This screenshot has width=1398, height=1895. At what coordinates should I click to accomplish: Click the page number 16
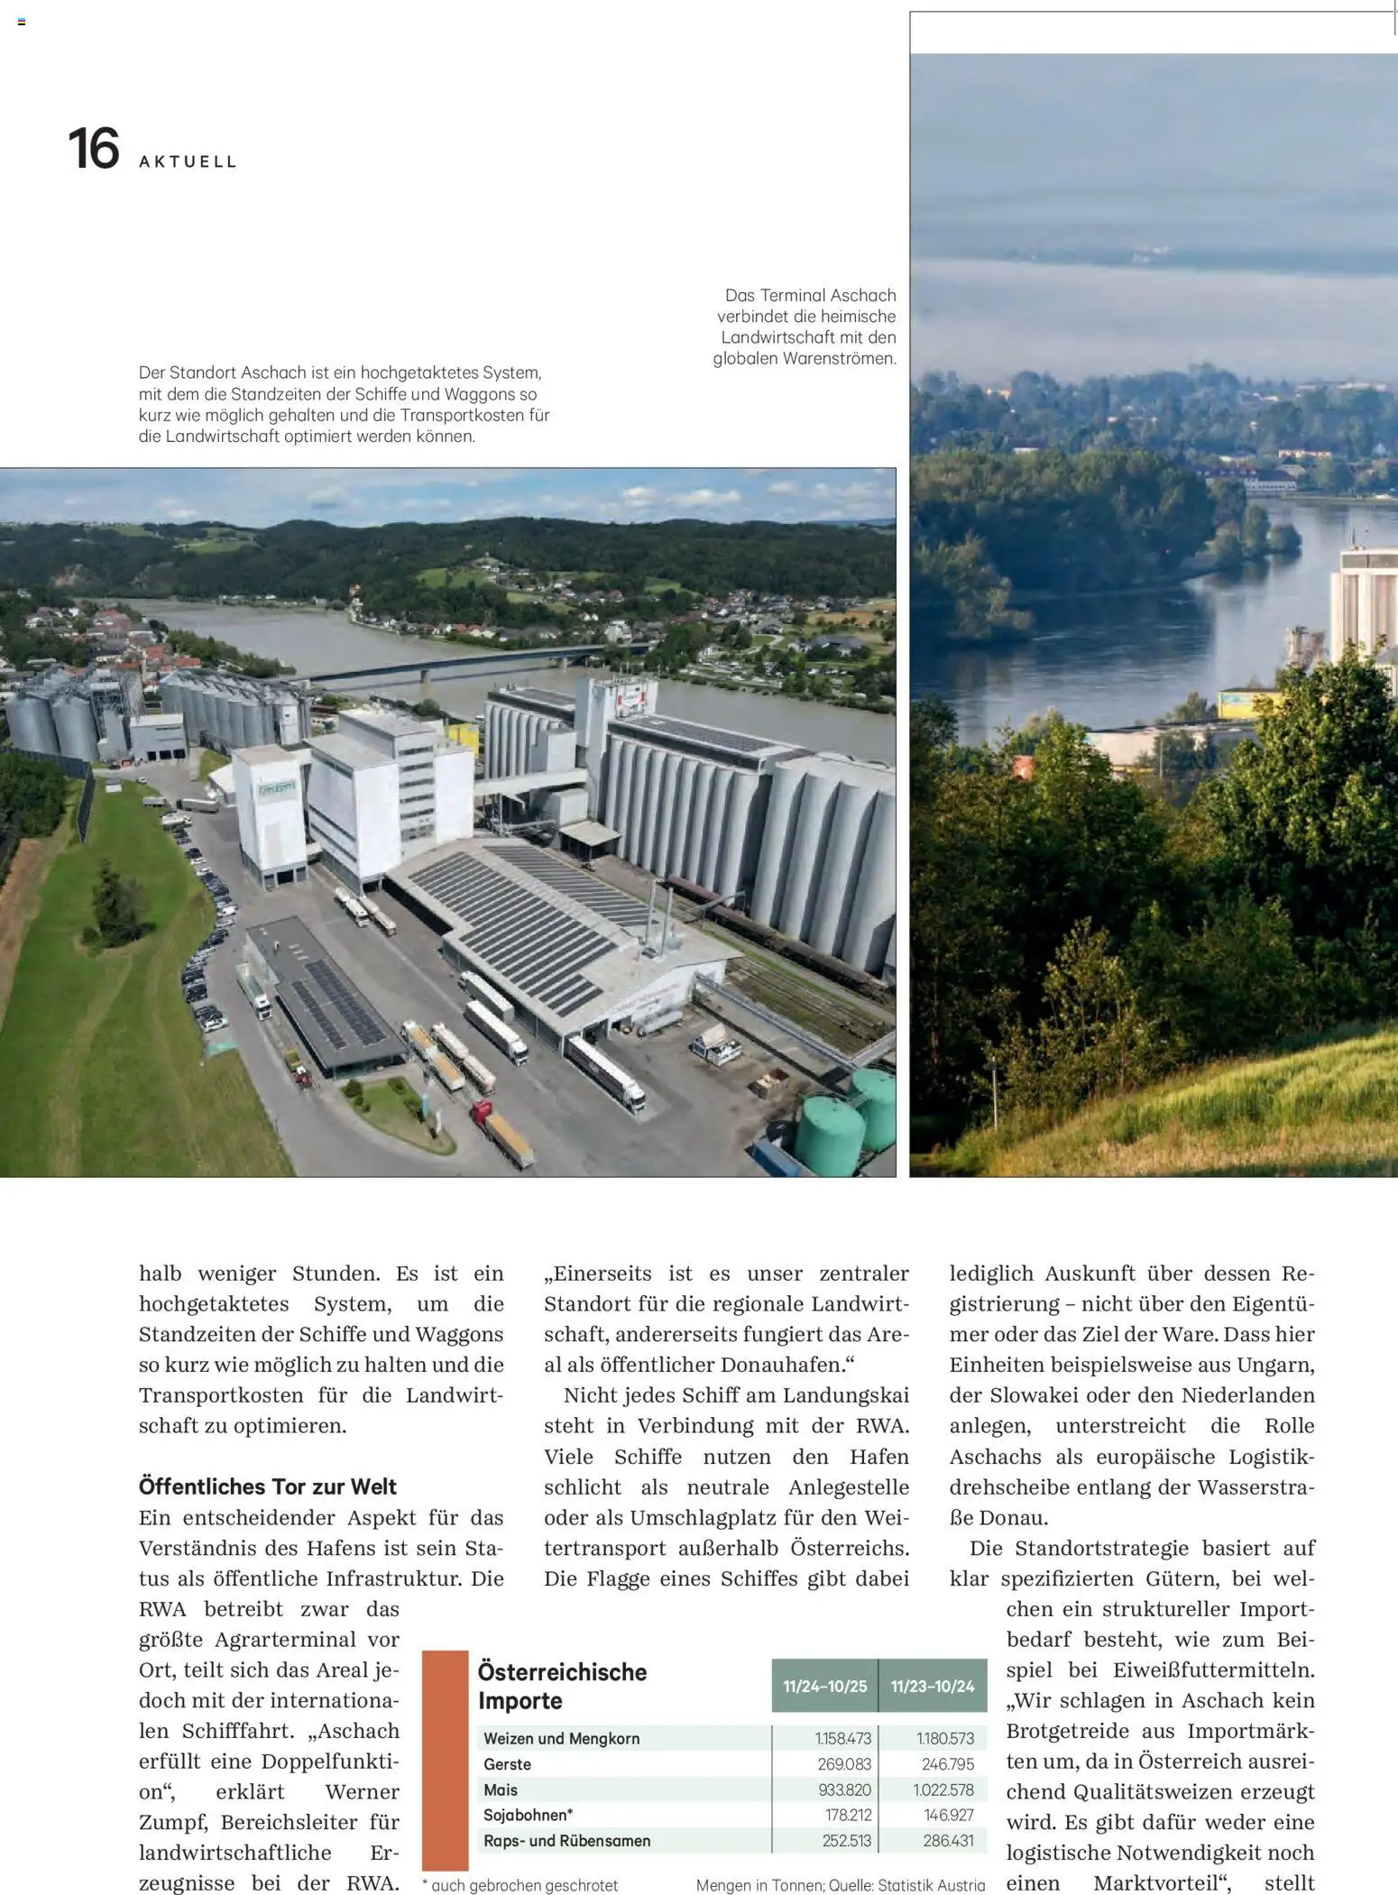point(94,149)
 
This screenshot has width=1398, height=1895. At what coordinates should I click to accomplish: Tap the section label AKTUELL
point(188,162)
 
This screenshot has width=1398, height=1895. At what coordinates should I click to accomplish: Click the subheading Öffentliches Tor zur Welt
point(267,1486)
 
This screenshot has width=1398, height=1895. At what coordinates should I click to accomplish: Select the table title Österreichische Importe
point(562,1686)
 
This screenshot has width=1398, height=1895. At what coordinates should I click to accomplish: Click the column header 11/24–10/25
point(824,1686)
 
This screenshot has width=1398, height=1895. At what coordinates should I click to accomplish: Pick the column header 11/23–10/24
point(933,1686)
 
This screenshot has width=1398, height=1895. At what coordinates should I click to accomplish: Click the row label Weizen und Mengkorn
point(561,1738)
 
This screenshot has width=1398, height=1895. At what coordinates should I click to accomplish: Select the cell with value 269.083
point(844,1764)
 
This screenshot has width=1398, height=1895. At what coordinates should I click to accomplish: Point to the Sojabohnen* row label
point(528,1815)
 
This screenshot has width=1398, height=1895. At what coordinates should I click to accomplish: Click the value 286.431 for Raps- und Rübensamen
point(948,1841)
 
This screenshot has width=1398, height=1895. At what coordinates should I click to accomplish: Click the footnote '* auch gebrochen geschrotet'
point(520,1885)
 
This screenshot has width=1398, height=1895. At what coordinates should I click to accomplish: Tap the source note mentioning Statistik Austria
point(840,1885)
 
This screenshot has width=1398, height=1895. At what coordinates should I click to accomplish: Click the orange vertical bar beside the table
point(446,1760)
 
